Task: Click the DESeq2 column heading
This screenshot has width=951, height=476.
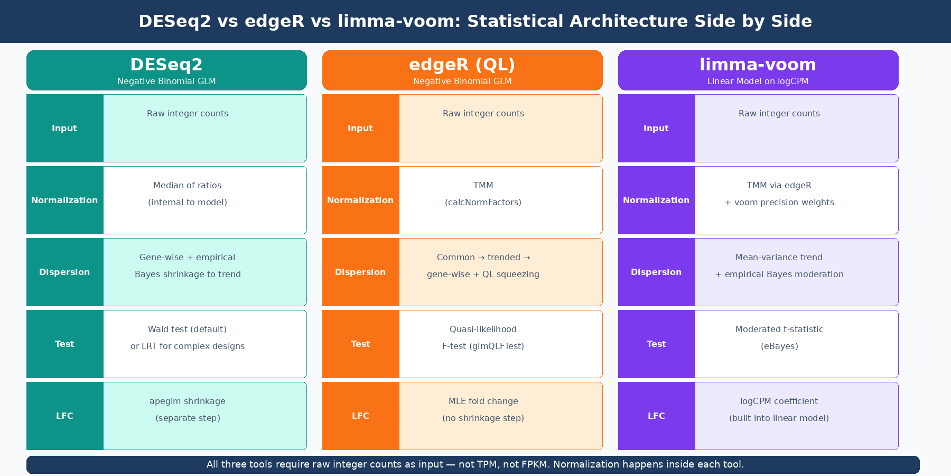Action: (166, 65)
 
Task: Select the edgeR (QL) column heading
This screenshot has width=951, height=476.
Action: (462, 65)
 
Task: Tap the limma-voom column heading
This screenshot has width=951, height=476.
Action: (758, 65)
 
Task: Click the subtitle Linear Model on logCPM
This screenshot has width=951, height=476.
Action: (758, 81)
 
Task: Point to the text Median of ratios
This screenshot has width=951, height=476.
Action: (188, 186)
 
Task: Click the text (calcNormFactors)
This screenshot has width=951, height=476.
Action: (483, 203)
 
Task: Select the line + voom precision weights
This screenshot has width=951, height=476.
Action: (779, 203)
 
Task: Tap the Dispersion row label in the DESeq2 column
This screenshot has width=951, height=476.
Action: (64, 272)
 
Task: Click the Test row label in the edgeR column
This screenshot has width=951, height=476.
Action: (360, 344)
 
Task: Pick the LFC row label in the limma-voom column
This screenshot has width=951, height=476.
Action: (656, 416)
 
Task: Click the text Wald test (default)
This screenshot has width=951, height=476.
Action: (188, 329)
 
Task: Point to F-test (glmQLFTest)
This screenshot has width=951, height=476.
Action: (483, 346)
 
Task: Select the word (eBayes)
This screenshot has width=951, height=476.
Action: (779, 346)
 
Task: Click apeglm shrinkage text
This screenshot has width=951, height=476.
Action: (188, 401)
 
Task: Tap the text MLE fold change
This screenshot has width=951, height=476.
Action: (483, 401)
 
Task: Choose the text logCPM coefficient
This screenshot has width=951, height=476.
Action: (779, 401)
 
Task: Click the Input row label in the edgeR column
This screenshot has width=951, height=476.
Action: (360, 129)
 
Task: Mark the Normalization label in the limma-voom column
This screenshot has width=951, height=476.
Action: (656, 200)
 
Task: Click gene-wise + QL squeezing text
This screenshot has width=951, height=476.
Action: (483, 274)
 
